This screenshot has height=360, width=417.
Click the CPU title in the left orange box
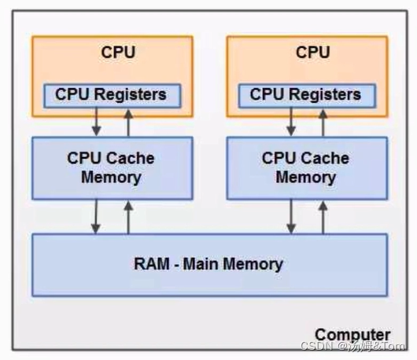(x=118, y=53)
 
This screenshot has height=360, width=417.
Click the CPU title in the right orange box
(x=312, y=53)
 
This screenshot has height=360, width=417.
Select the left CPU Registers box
(x=111, y=95)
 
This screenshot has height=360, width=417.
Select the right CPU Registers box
(x=305, y=95)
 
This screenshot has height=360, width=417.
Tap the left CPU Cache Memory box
(x=111, y=167)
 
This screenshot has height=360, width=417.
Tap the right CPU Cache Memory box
(x=305, y=167)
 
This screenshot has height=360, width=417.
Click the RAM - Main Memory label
(x=208, y=263)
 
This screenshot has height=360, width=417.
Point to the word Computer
(x=352, y=335)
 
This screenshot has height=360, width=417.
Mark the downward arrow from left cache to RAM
(x=96, y=216)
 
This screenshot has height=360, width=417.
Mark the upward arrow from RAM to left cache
(x=127, y=216)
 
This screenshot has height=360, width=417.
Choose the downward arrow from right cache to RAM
(x=291, y=216)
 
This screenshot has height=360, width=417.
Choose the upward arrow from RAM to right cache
(x=323, y=216)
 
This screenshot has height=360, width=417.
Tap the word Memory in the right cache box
(x=305, y=177)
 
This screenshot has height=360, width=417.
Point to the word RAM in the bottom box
(x=150, y=263)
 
